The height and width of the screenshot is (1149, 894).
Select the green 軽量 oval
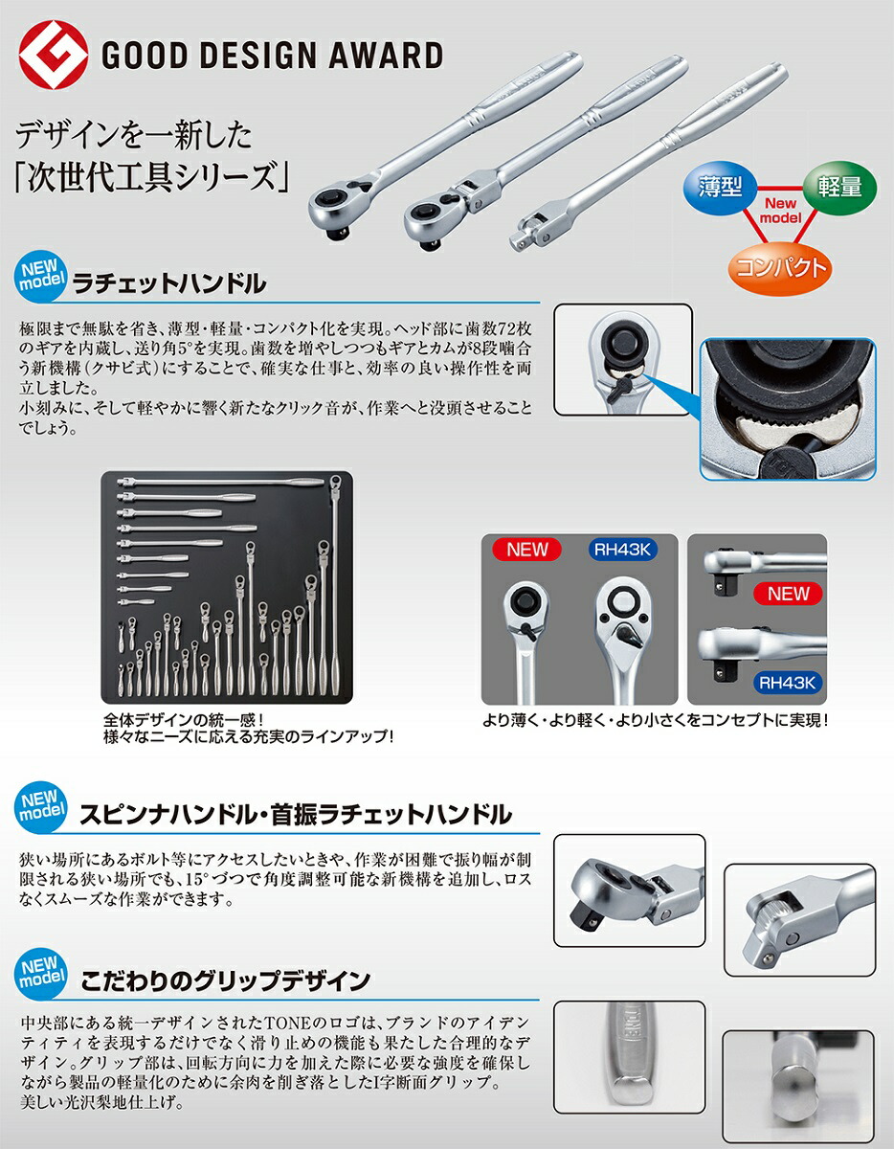click(838, 186)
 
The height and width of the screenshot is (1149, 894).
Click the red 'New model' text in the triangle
click(779, 212)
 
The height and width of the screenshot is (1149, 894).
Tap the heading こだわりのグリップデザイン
click(225, 980)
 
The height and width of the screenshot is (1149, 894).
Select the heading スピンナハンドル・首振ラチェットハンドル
click(296, 814)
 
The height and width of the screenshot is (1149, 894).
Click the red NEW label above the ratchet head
click(527, 550)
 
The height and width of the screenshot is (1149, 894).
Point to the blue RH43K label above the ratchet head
click(627, 550)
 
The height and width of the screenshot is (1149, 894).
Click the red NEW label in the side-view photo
click(788, 594)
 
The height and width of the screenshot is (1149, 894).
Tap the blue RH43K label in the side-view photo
click(788, 683)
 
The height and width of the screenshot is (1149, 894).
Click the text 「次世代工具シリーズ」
click(136, 176)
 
